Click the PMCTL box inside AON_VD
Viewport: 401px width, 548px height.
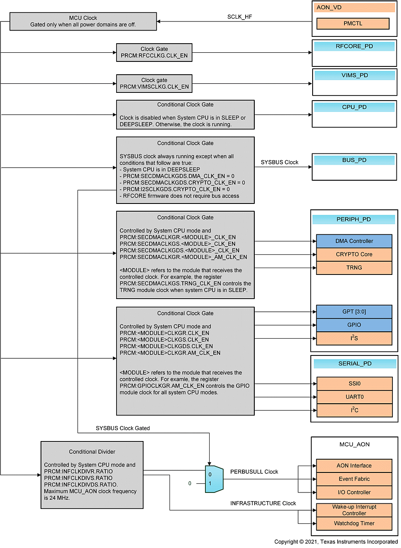(353, 24)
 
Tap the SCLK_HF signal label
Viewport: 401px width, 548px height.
(240, 17)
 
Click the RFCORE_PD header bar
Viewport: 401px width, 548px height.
(354, 46)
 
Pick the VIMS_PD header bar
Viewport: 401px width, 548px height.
(355, 75)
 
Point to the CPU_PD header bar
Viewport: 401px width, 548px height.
(354, 107)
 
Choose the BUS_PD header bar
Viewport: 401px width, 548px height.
(354, 160)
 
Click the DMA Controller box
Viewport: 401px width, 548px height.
(354, 241)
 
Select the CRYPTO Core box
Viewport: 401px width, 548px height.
(354, 254)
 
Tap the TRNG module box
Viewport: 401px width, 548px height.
(354, 268)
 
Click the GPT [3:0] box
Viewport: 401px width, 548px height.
(354, 312)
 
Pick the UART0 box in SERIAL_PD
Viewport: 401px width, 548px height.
(354, 397)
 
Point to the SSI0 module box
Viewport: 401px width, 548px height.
(354, 384)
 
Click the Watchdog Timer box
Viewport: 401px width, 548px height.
(354, 523)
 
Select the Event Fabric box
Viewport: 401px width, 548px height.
(354, 479)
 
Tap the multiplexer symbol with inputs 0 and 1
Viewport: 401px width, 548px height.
(214, 479)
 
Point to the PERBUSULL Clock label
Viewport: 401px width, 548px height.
(254, 472)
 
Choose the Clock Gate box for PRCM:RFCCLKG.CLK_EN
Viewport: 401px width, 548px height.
(154, 52)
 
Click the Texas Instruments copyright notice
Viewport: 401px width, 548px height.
(336, 542)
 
